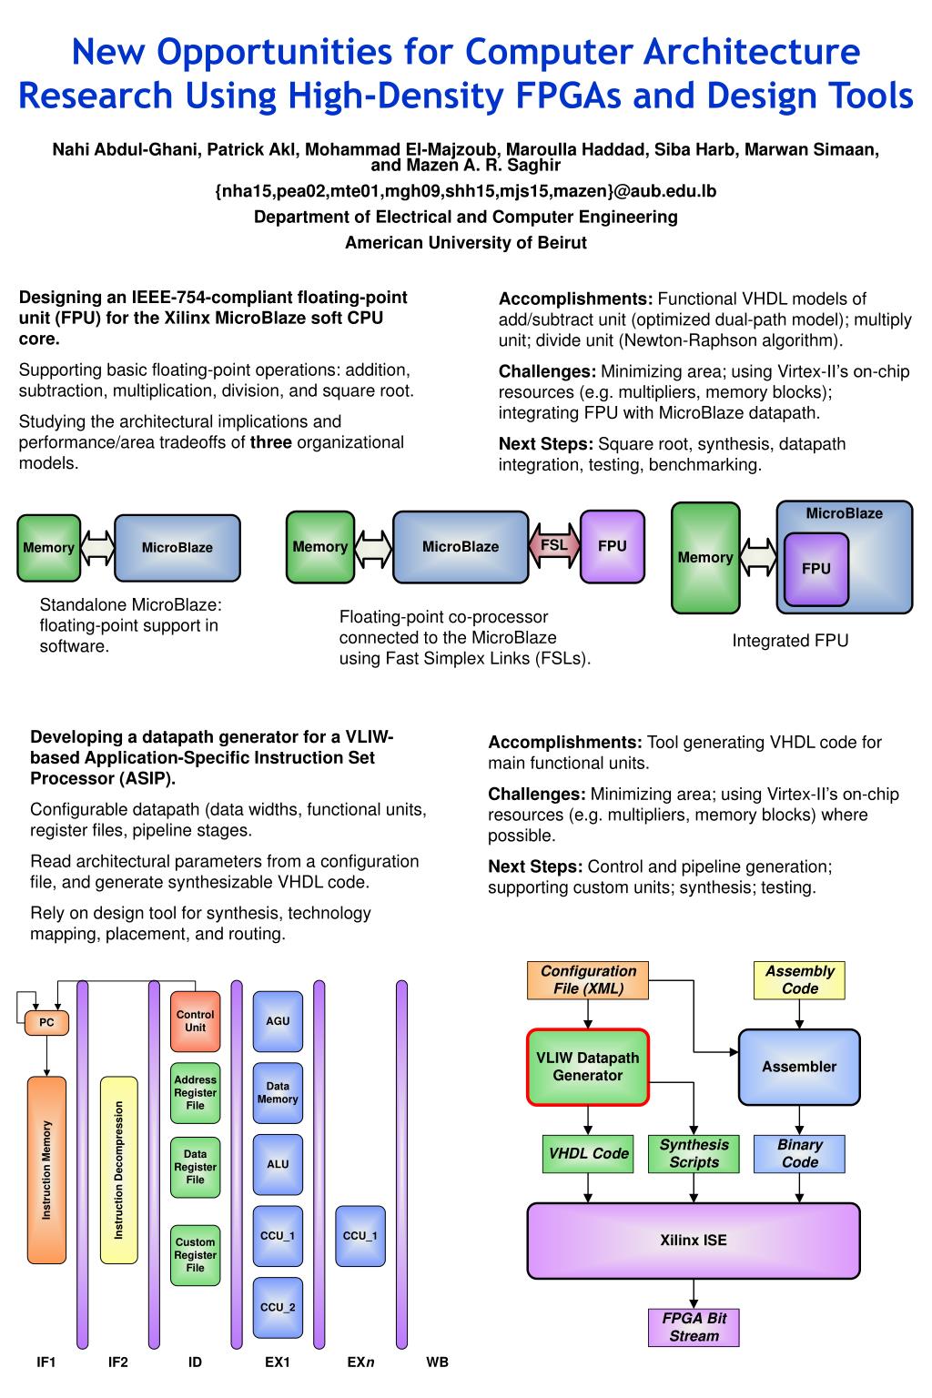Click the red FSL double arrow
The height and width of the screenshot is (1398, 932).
[554, 546]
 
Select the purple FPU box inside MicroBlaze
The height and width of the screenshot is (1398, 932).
[815, 569]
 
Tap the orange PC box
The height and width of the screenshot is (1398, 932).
[46, 1022]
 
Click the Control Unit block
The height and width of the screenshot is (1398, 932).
[196, 1021]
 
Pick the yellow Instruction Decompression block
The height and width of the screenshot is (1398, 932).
[118, 1170]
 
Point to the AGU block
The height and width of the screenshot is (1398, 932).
[278, 1021]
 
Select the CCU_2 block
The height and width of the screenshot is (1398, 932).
[278, 1308]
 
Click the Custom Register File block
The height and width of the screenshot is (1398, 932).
[196, 1255]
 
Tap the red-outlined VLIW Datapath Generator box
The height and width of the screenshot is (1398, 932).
[588, 1067]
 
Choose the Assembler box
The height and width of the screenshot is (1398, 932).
[799, 1067]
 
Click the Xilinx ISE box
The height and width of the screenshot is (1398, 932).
[694, 1241]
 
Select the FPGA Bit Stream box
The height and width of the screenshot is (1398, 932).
[694, 1327]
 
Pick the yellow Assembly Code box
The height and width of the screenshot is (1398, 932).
[799, 980]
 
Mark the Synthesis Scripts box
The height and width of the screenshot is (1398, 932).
[694, 1153]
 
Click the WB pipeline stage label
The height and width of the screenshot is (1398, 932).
[437, 1363]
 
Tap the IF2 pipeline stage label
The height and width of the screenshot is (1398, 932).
[118, 1363]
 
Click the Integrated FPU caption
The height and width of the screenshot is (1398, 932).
[790, 641]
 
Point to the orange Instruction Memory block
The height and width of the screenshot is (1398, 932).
[46, 1170]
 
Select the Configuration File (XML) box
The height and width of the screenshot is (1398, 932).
[588, 980]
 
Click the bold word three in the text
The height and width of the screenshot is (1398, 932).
[271, 442]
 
